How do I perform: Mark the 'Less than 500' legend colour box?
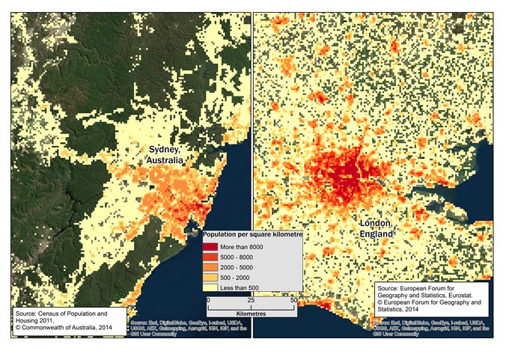[210, 287]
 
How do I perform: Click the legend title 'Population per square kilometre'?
[252, 236]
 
